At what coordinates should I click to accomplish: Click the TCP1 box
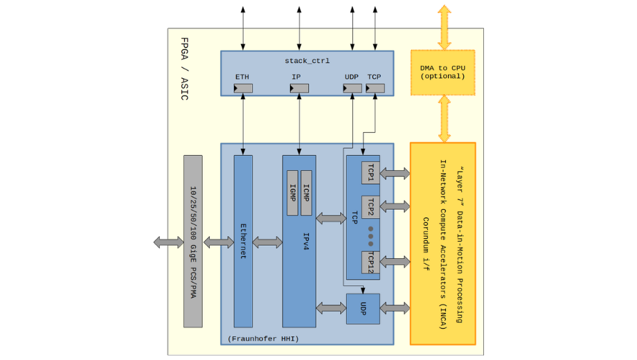coord(370,173)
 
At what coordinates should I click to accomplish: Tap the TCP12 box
coord(370,262)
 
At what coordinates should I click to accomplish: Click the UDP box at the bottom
coord(363,309)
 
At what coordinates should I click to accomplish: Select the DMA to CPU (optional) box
coord(442,72)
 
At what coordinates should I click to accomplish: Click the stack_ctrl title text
coord(307,61)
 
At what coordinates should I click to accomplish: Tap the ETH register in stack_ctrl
coord(243,89)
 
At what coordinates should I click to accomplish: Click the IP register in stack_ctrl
coord(299,89)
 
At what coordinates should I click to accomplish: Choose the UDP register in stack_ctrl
coord(352,89)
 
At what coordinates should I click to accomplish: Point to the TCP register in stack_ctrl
coord(375,89)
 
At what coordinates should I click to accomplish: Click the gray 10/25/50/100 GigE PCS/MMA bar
coord(193,241)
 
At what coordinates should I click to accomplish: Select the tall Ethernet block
coord(243,241)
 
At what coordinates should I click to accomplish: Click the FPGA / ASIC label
coord(183,69)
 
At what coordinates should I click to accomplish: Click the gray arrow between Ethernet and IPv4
coord(267,242)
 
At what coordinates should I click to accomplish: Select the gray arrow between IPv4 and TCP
coord(331,219)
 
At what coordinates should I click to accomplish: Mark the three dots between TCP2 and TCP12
coord(370,235)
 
